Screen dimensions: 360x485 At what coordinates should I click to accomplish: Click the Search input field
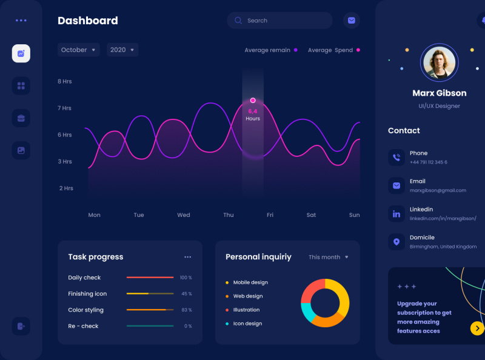(x=285, y=21)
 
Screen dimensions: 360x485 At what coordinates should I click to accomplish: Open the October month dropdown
(x=79, y=50)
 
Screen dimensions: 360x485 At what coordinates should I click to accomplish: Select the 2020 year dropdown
(x=122, y=50)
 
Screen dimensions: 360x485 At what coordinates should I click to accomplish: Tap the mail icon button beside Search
(x=351, y=21)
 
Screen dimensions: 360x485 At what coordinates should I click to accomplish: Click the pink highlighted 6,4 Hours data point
(x=253, y=101)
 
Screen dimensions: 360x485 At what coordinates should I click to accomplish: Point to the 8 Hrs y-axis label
(x=65, y=81)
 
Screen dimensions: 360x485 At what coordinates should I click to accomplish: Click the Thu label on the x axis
(x=228, y=215)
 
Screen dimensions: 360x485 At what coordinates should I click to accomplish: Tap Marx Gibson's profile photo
(x=439, y=62)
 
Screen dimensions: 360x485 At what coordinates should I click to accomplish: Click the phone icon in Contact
(x=396, y=158)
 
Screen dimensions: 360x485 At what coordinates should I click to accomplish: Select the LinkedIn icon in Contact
(x=396, y=214)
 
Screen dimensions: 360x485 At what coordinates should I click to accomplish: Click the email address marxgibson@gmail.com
(x=438, y=190)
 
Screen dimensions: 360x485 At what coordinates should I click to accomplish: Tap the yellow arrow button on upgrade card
(x=477, y=328)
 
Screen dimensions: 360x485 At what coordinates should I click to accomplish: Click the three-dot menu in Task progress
(x=188, y=257)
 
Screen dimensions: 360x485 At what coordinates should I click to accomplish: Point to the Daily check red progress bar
(x=150, y=278)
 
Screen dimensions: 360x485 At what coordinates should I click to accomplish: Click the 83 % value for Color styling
(x=186, y=310)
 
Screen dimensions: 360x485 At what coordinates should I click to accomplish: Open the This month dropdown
(x=328, y=257)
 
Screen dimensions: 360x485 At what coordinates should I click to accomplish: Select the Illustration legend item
(x=246, y=310)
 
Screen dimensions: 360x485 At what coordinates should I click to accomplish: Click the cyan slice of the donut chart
(x=308, y=312)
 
